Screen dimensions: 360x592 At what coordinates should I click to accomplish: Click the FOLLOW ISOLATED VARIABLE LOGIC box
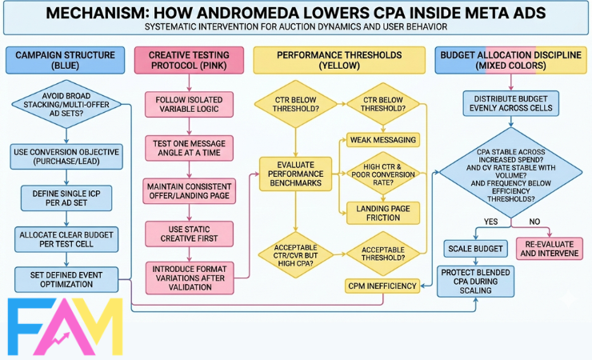pos(188,105)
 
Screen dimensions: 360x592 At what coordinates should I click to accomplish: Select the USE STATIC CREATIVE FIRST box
pos(188,234)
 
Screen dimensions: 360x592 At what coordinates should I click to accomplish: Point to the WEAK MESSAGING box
pos(383,139)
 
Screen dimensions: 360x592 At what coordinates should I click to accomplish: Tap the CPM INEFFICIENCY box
pos(383,286)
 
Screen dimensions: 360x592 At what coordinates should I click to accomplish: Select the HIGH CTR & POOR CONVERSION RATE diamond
pos(383,174)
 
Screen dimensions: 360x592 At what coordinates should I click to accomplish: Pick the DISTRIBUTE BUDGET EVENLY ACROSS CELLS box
pos(509,104)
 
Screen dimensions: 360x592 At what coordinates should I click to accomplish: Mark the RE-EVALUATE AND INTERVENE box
pos(550,248)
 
